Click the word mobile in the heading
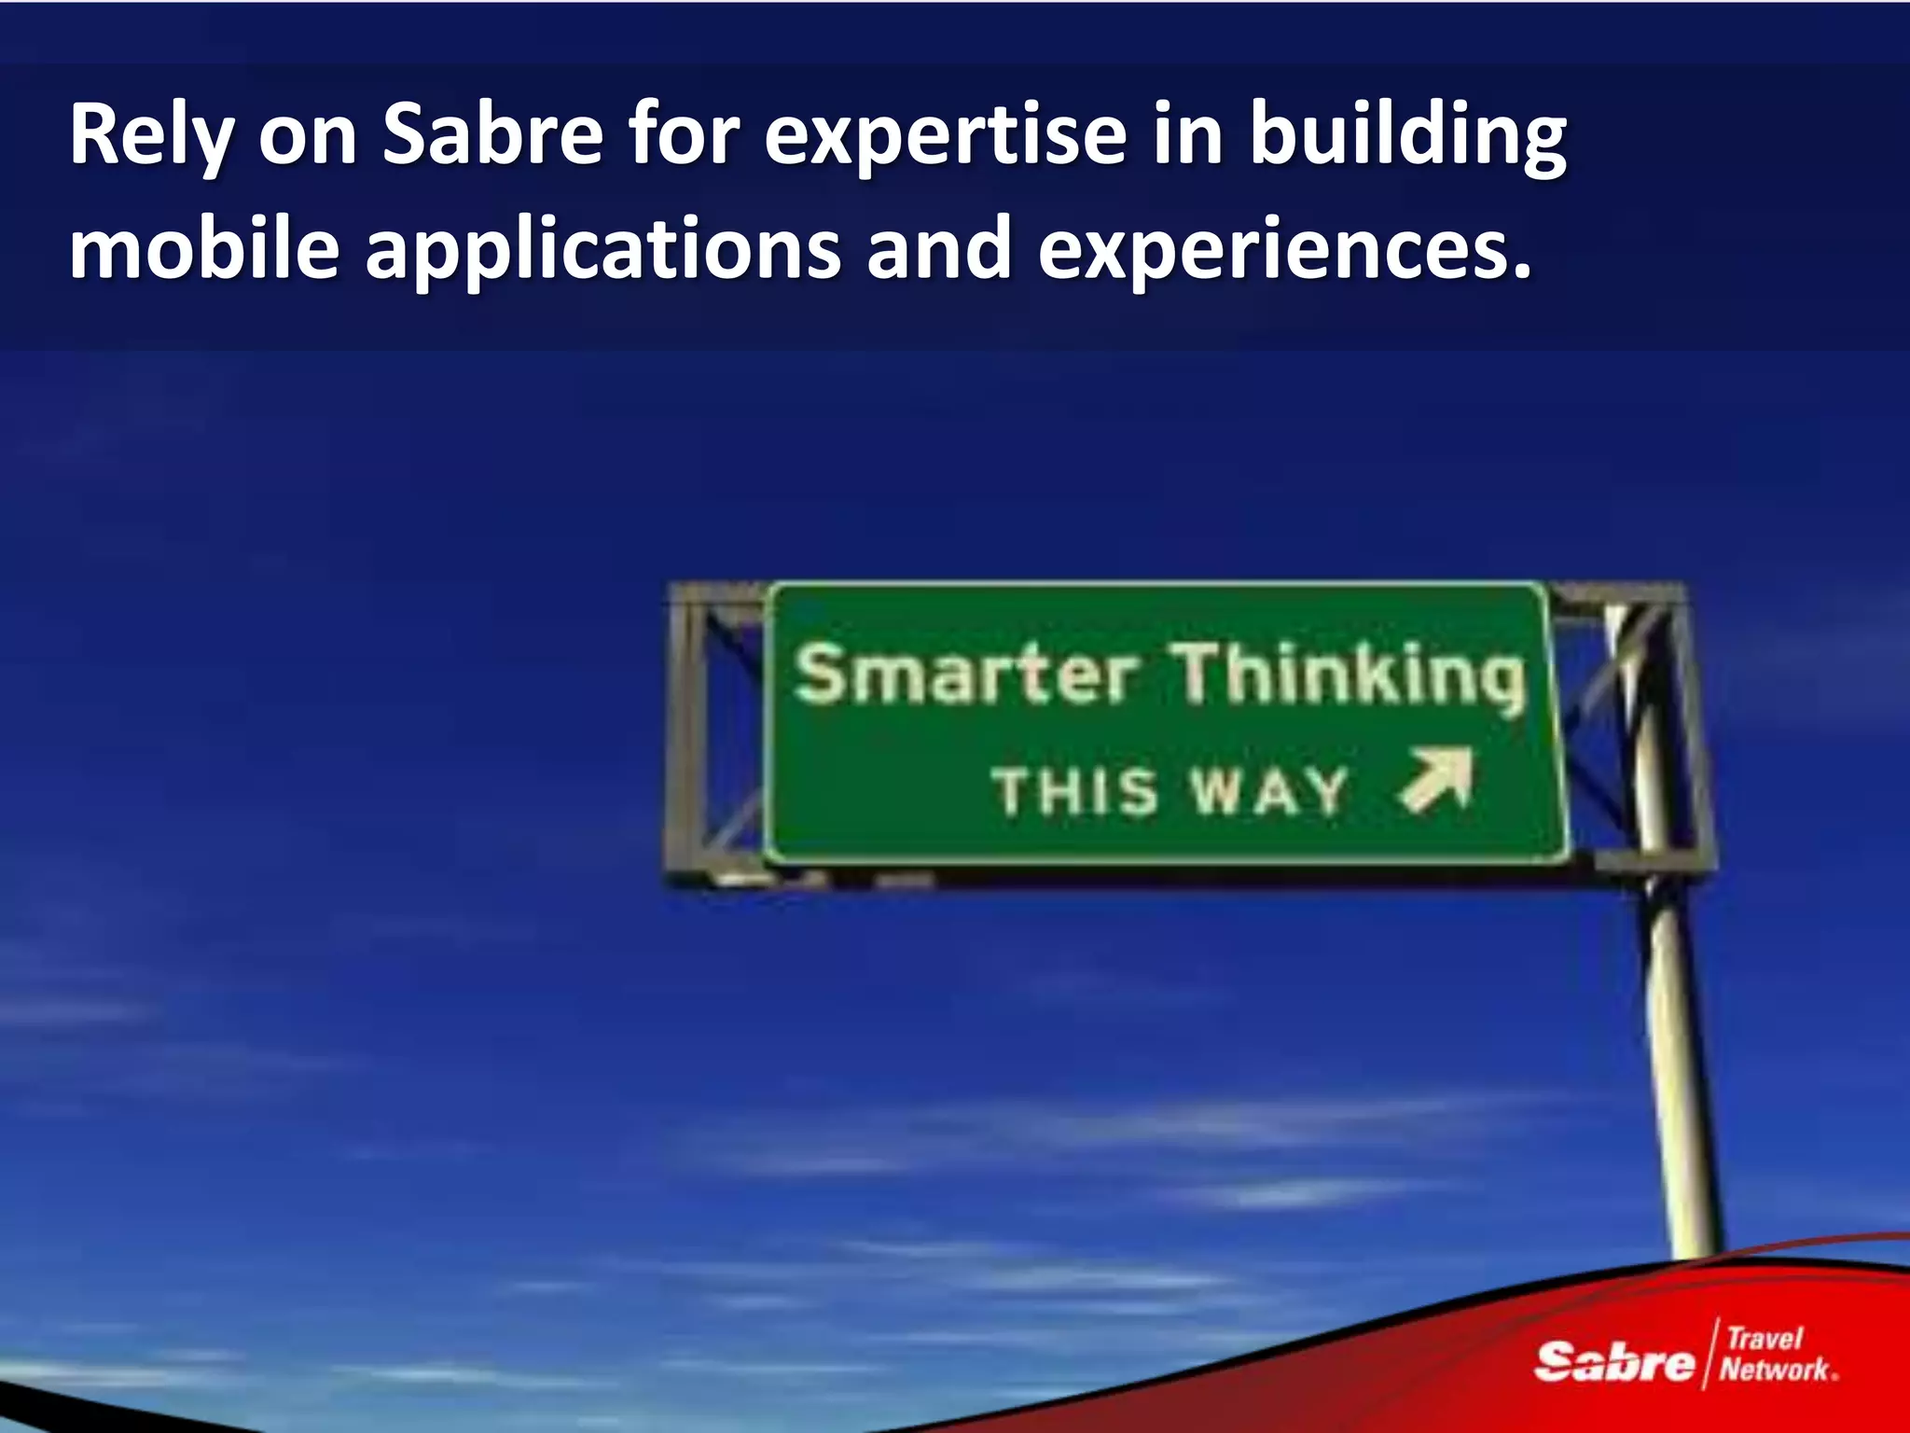pos(204,247)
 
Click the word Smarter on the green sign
pos(965,674)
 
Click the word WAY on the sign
pos(1269,792)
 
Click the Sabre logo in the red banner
pos(1613,1361)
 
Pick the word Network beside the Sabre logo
pos(1775,1370)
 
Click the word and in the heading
pos(939,247)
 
